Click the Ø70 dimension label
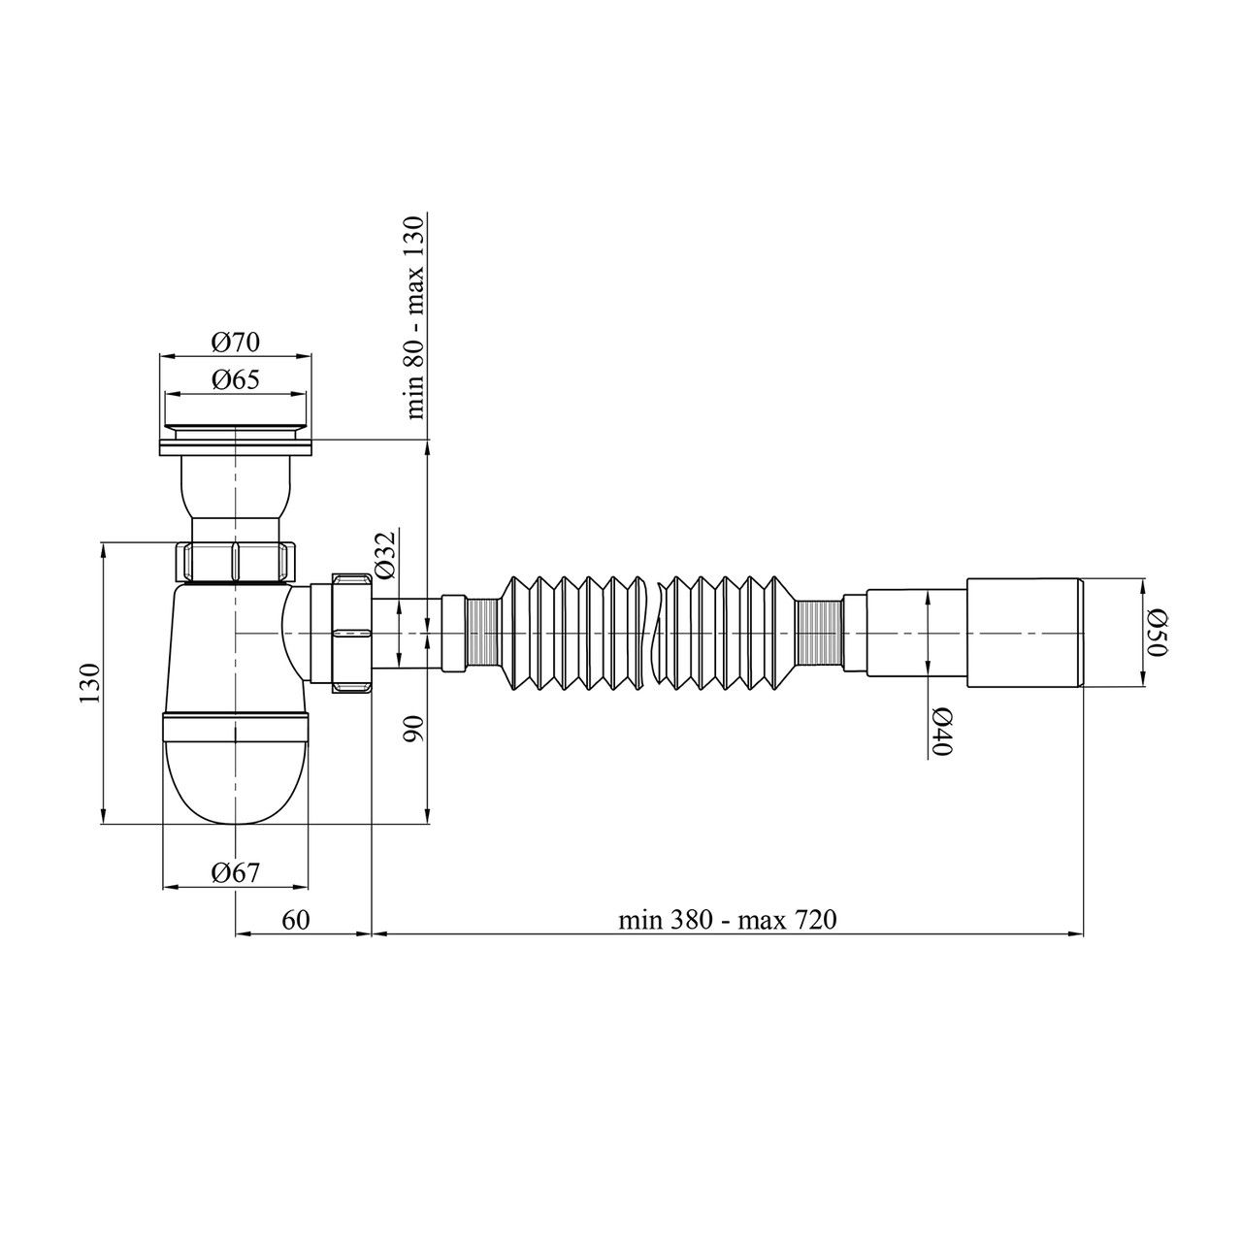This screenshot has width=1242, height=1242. pyautogui.click(x=235, y=343)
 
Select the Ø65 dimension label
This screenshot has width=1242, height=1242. pyautogui.click(x=235, y=380)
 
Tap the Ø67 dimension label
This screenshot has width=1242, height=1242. pyautogui.click(x=235, y=872)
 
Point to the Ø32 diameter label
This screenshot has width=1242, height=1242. pyautogui.click(x=384, y=556)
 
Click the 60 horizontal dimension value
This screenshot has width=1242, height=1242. pyautogui.click(x=296, y=920)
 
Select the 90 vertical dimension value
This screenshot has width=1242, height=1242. pyautogui.click(x=415, y=729)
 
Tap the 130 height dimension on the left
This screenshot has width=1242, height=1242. pyautogui.click(x=90, y=682)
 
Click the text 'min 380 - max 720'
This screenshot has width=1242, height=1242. pyautogui.click(x=728, y=920)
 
